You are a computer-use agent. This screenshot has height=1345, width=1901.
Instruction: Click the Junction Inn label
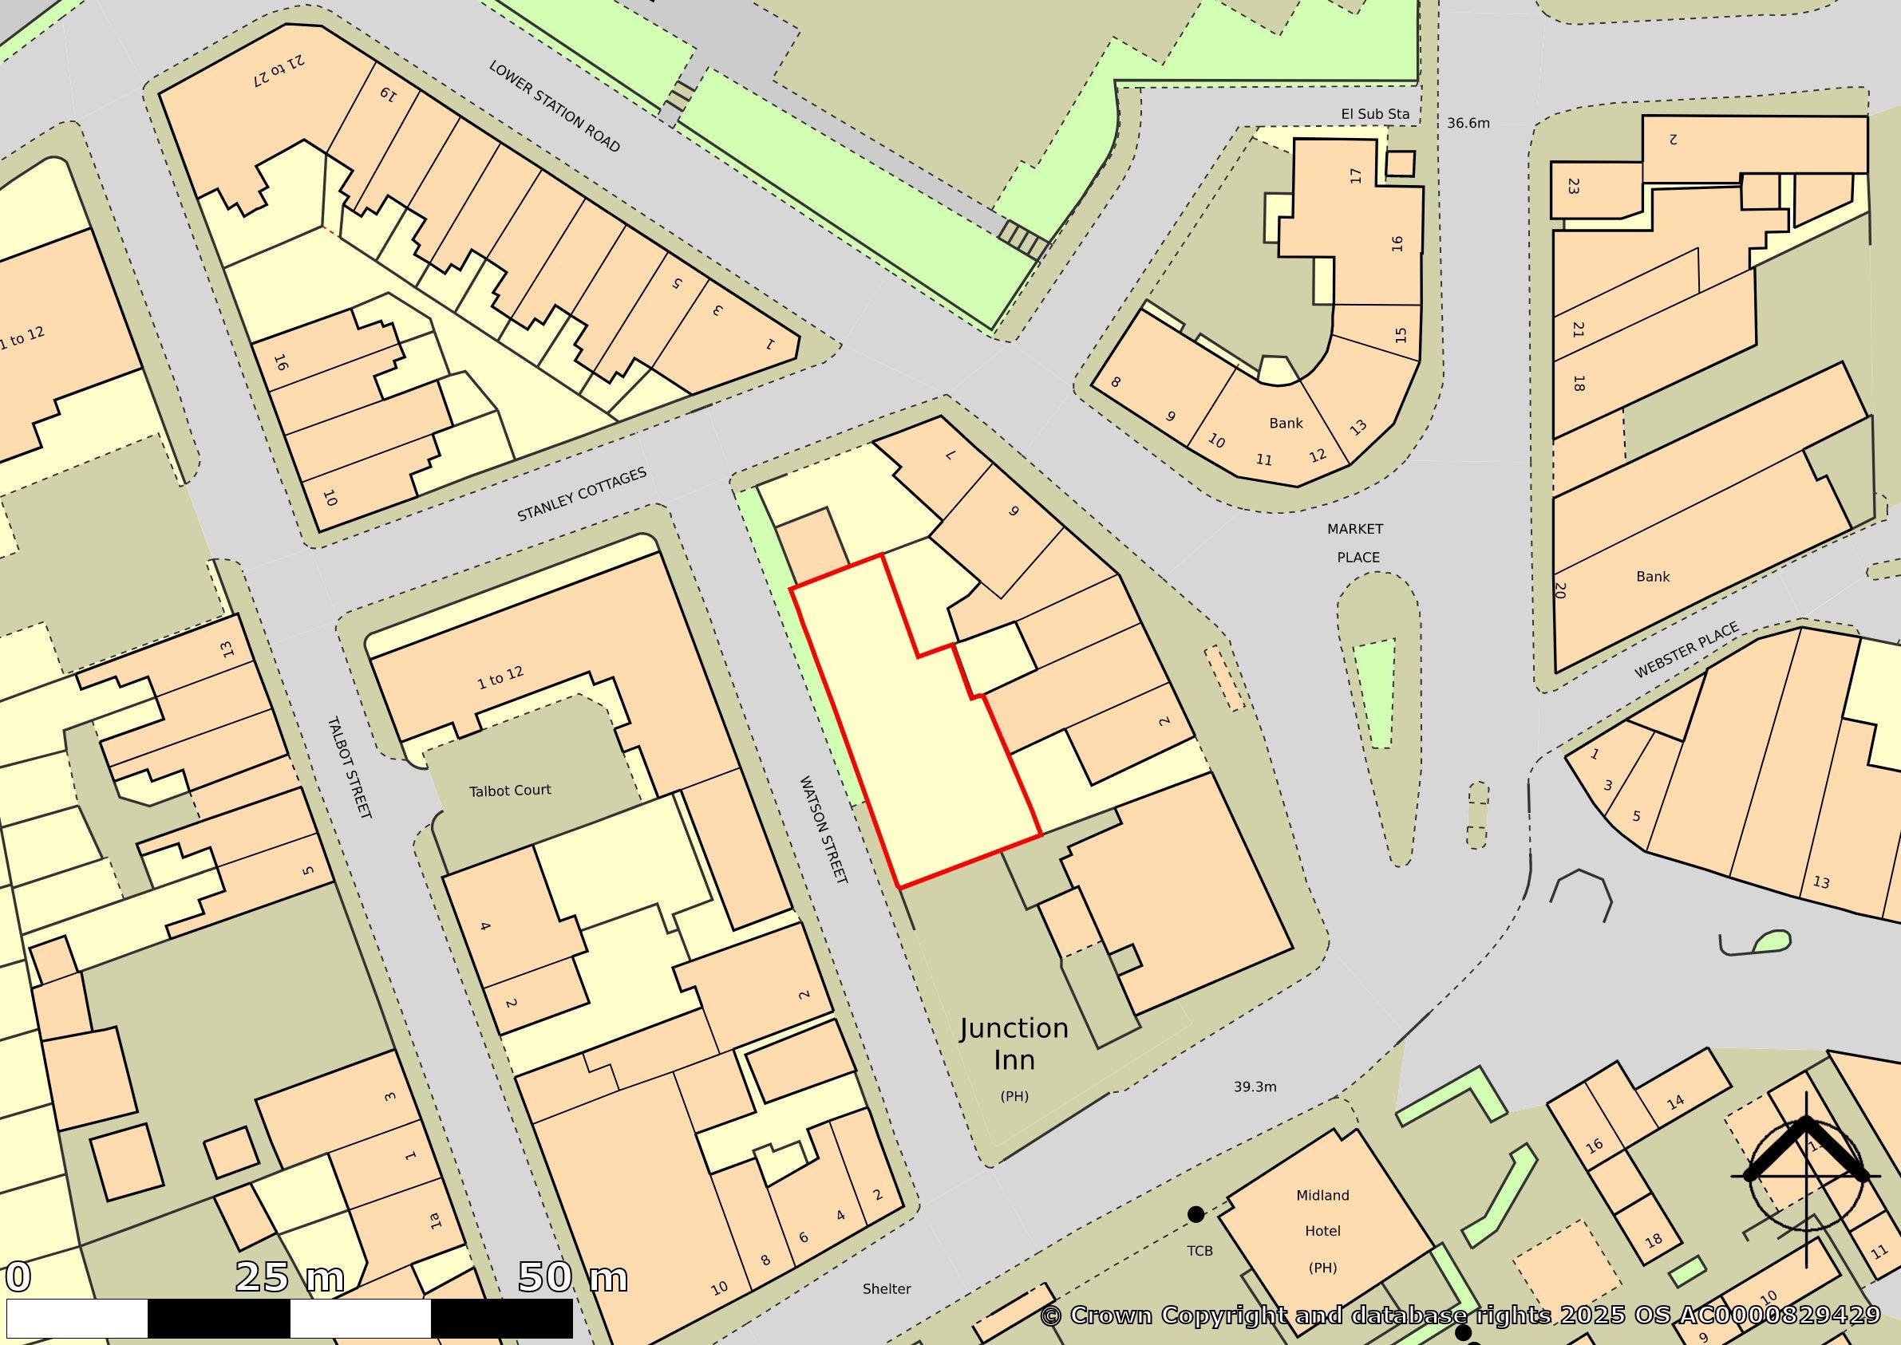pos(1014,1044)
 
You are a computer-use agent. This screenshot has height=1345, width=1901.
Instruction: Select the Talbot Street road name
pos(349,767)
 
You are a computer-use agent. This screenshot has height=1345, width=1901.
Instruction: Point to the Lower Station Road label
pos(554,106)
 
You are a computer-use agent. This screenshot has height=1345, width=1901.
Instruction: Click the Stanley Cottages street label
pos(582,495)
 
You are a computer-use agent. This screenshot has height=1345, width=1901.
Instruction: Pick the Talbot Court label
pos(509,790)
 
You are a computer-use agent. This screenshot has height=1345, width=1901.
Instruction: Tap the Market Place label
pos(1356,542)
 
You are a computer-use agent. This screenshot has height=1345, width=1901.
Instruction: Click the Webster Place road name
pos(1686,650)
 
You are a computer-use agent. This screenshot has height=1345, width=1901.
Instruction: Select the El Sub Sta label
pos(1375,113)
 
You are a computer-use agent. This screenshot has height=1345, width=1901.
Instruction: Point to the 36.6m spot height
pos(1468,124)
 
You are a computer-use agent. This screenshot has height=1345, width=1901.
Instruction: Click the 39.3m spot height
pos(1255,1087)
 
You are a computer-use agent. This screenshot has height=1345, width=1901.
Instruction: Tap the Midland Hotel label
pos(1322,1231)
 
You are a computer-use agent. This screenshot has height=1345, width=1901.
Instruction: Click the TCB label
pos(1199,1250)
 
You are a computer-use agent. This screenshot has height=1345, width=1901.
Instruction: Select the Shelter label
pos(887,1288)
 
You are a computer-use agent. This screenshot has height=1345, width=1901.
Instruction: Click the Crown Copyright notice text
pos(1460,1315)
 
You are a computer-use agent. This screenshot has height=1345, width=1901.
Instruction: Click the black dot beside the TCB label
pos(1196,1214)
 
